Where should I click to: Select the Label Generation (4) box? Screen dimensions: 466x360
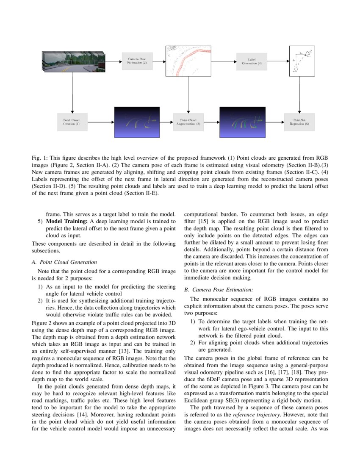[x=252, y=61]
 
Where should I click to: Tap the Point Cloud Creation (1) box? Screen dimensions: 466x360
[x=72, y=122]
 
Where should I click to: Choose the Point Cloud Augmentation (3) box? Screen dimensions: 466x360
[x=188, y=122]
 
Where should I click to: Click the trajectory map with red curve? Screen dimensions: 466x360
[x=188, y=61]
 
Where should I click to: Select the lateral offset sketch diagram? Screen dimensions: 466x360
[x=302, y=61]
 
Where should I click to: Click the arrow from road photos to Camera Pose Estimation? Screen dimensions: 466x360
[x=114, y=61]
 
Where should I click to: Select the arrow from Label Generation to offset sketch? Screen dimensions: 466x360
[x=277, y=61]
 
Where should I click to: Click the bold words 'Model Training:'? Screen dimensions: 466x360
[x=66, y=222]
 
